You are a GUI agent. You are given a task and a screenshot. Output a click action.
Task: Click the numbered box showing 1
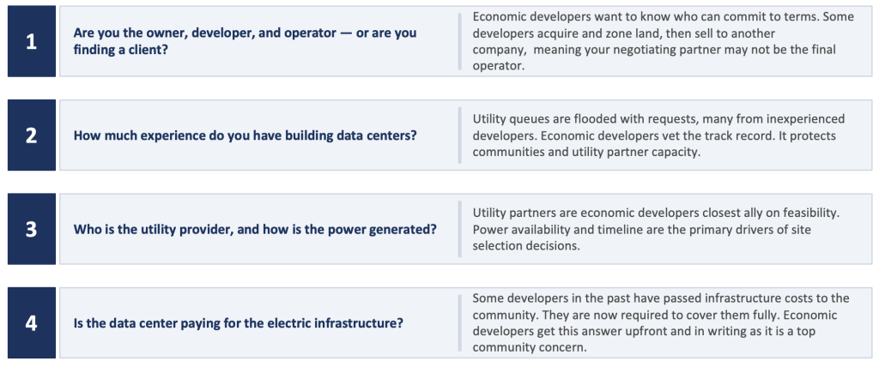click(32, 41)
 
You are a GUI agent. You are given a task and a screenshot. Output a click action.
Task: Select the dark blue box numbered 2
click(32, 135)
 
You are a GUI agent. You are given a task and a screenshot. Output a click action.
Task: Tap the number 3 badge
click(32, 229)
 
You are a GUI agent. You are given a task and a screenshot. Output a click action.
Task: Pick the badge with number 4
click(32, 322)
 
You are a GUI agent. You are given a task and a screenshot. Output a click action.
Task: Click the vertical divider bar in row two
click(460, 135)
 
